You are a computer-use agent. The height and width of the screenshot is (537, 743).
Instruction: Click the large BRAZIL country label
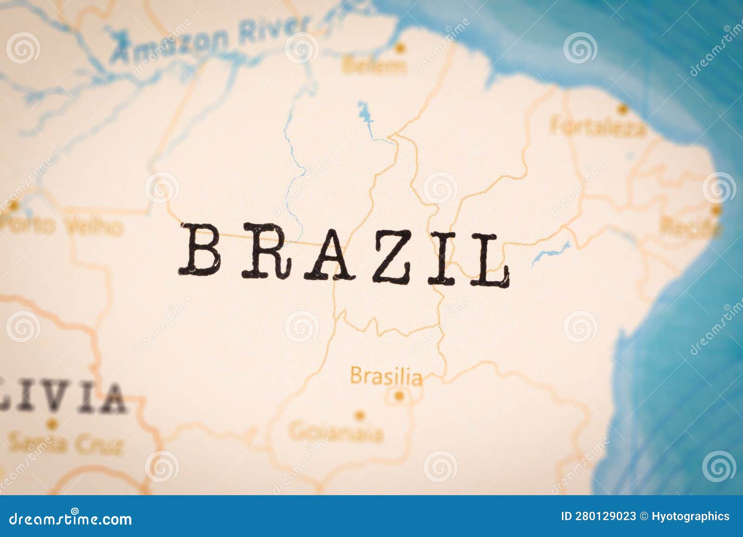[344, 255]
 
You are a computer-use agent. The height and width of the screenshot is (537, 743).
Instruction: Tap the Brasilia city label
[386, 376]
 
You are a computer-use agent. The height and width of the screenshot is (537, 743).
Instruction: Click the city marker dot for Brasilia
[398, 396]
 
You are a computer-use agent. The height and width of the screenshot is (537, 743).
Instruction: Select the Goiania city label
[336, 433]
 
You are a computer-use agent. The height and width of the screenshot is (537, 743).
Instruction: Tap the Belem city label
[373, 66]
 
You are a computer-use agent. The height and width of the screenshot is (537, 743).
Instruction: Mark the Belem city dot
[400, 47]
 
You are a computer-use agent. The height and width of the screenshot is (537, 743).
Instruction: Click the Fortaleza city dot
[621, 109]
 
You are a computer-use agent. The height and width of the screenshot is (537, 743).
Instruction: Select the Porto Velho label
[63, 227]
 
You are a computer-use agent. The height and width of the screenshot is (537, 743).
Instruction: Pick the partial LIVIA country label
[63, 399]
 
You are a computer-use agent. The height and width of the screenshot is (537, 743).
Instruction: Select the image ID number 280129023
[599, 516]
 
